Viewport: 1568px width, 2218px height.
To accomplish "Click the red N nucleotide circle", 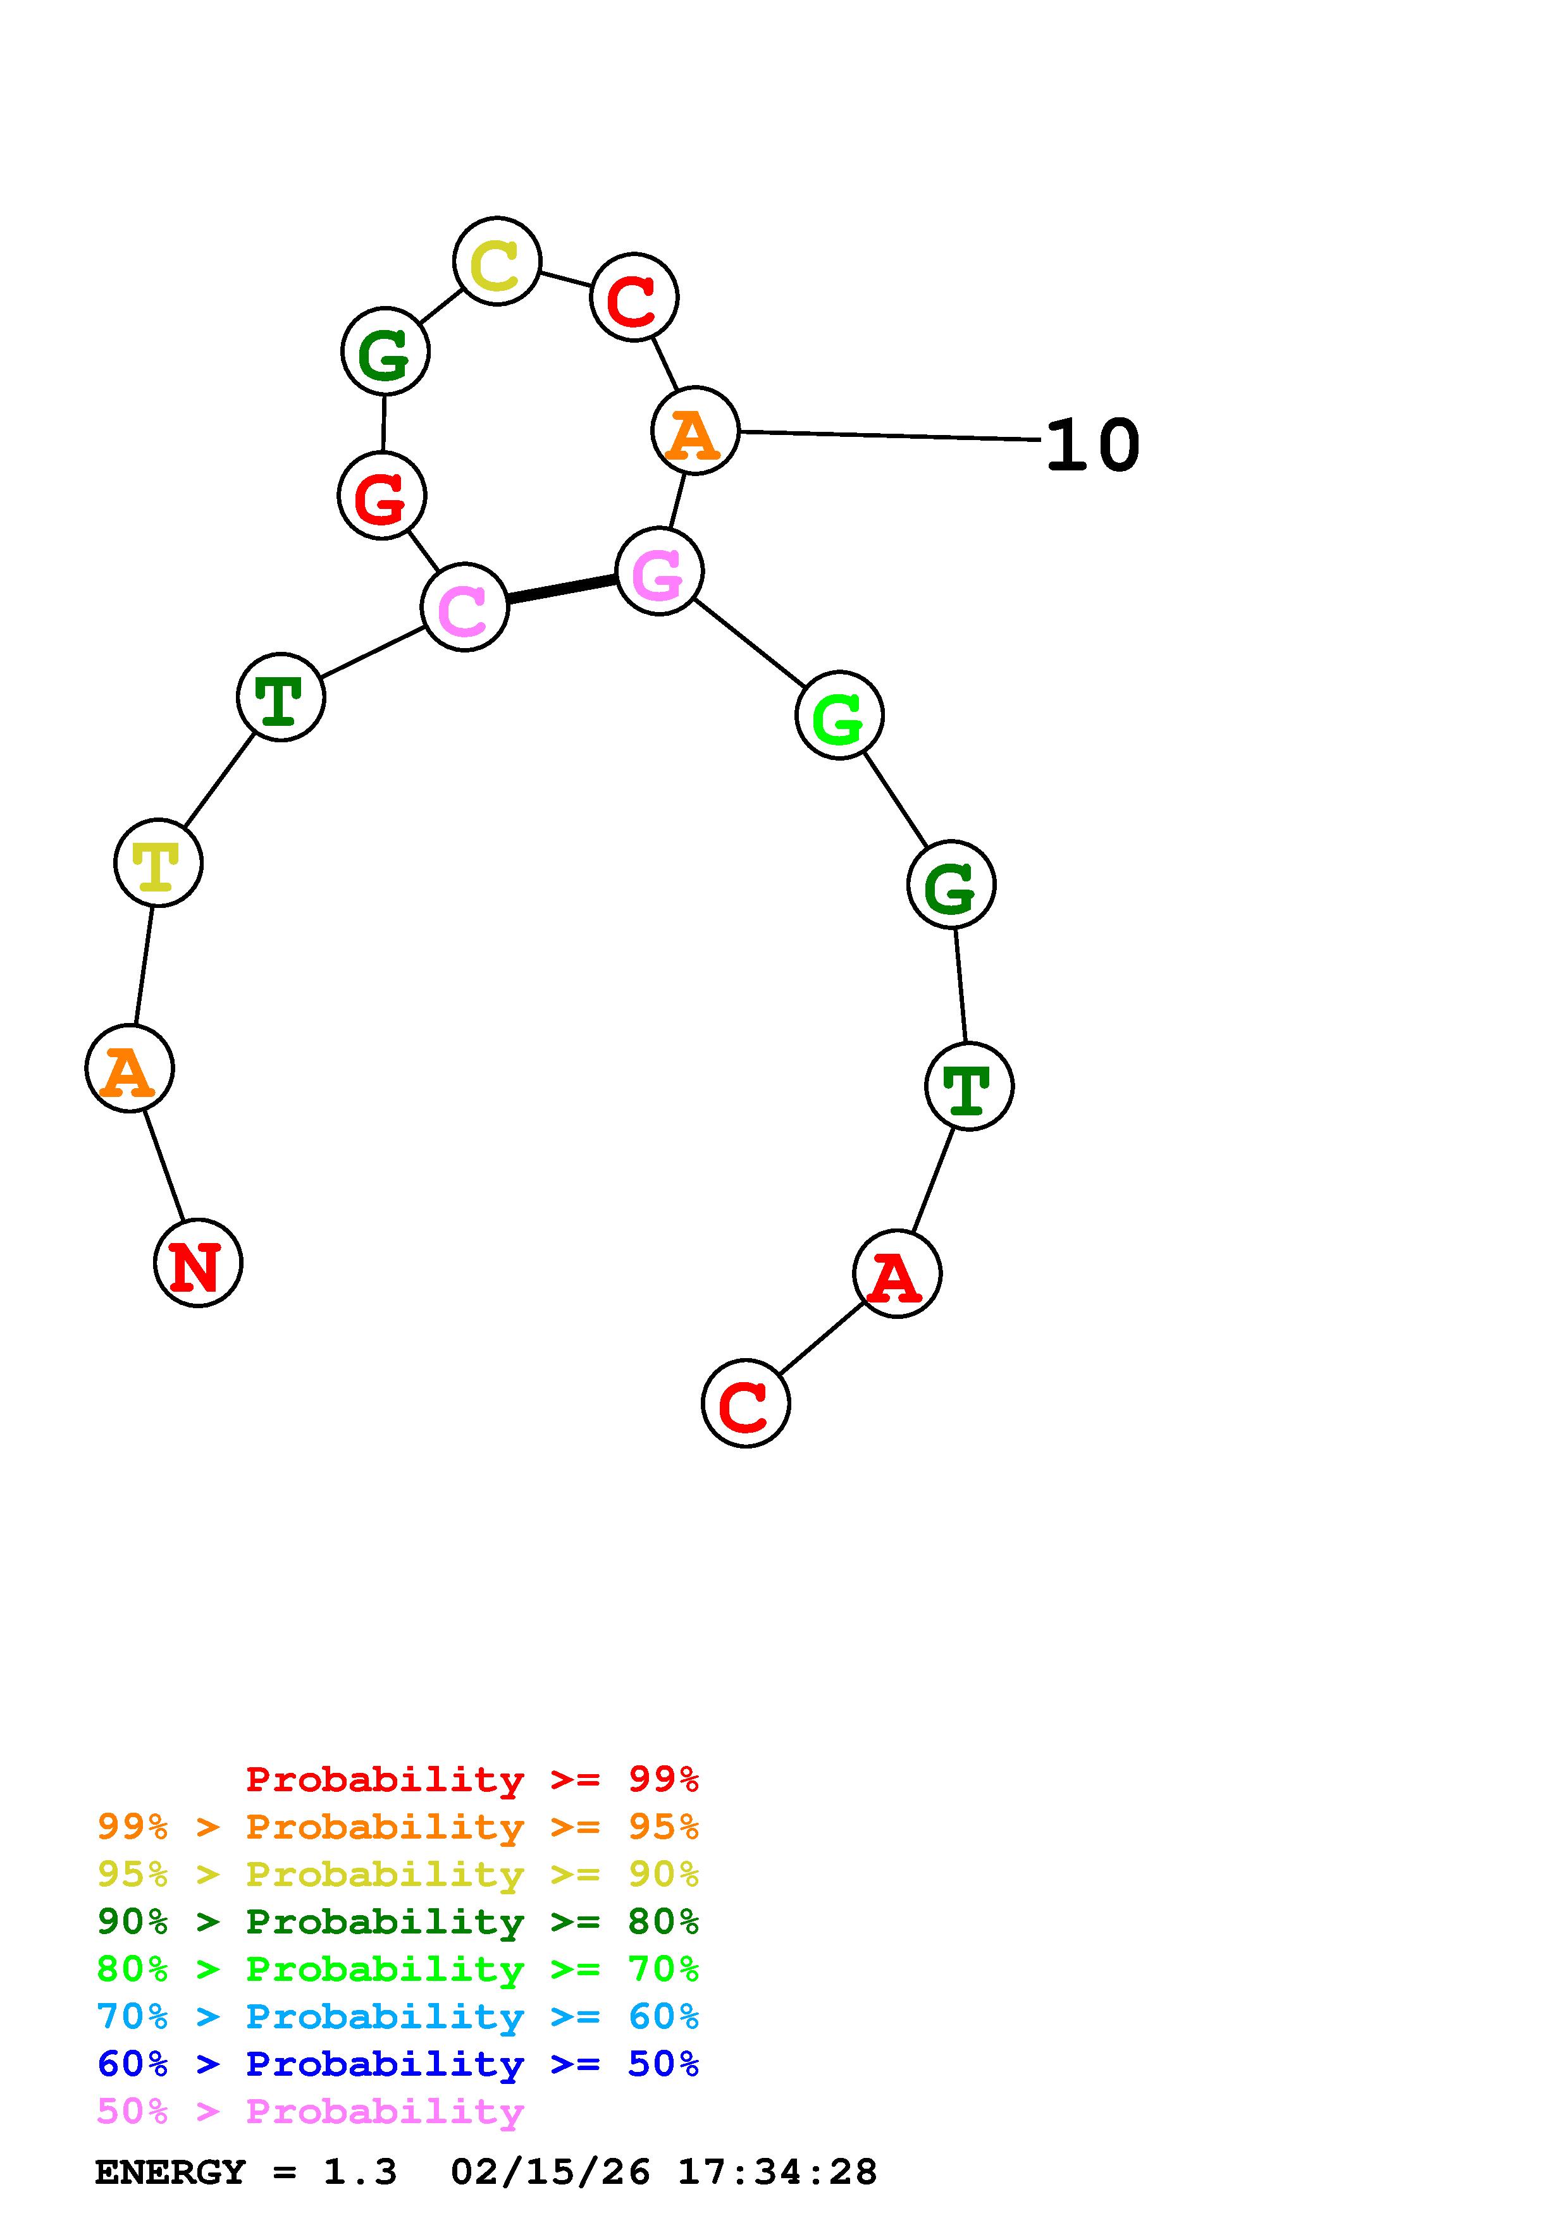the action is [198, 1263].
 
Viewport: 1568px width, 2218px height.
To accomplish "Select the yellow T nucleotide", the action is [158, 862].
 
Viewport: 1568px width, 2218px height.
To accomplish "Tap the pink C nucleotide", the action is [465, 608].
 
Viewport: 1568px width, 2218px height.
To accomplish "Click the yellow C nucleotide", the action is [497, 261].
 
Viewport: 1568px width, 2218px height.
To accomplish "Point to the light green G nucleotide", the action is [839, 715].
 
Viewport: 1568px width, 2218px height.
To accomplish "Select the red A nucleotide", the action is [896, 1273].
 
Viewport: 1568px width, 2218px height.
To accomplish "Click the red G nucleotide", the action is [383, 496].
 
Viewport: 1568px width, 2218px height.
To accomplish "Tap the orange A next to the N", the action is [130, 1069].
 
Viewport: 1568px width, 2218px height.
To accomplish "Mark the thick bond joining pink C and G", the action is [561, 589].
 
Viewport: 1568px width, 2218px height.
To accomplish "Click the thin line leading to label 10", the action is [889, 436].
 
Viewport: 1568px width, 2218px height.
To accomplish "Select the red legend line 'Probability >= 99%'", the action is [472, 1779].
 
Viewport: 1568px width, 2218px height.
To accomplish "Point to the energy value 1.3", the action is [359, 2172].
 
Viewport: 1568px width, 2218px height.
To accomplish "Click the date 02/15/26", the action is [550, 2172].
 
